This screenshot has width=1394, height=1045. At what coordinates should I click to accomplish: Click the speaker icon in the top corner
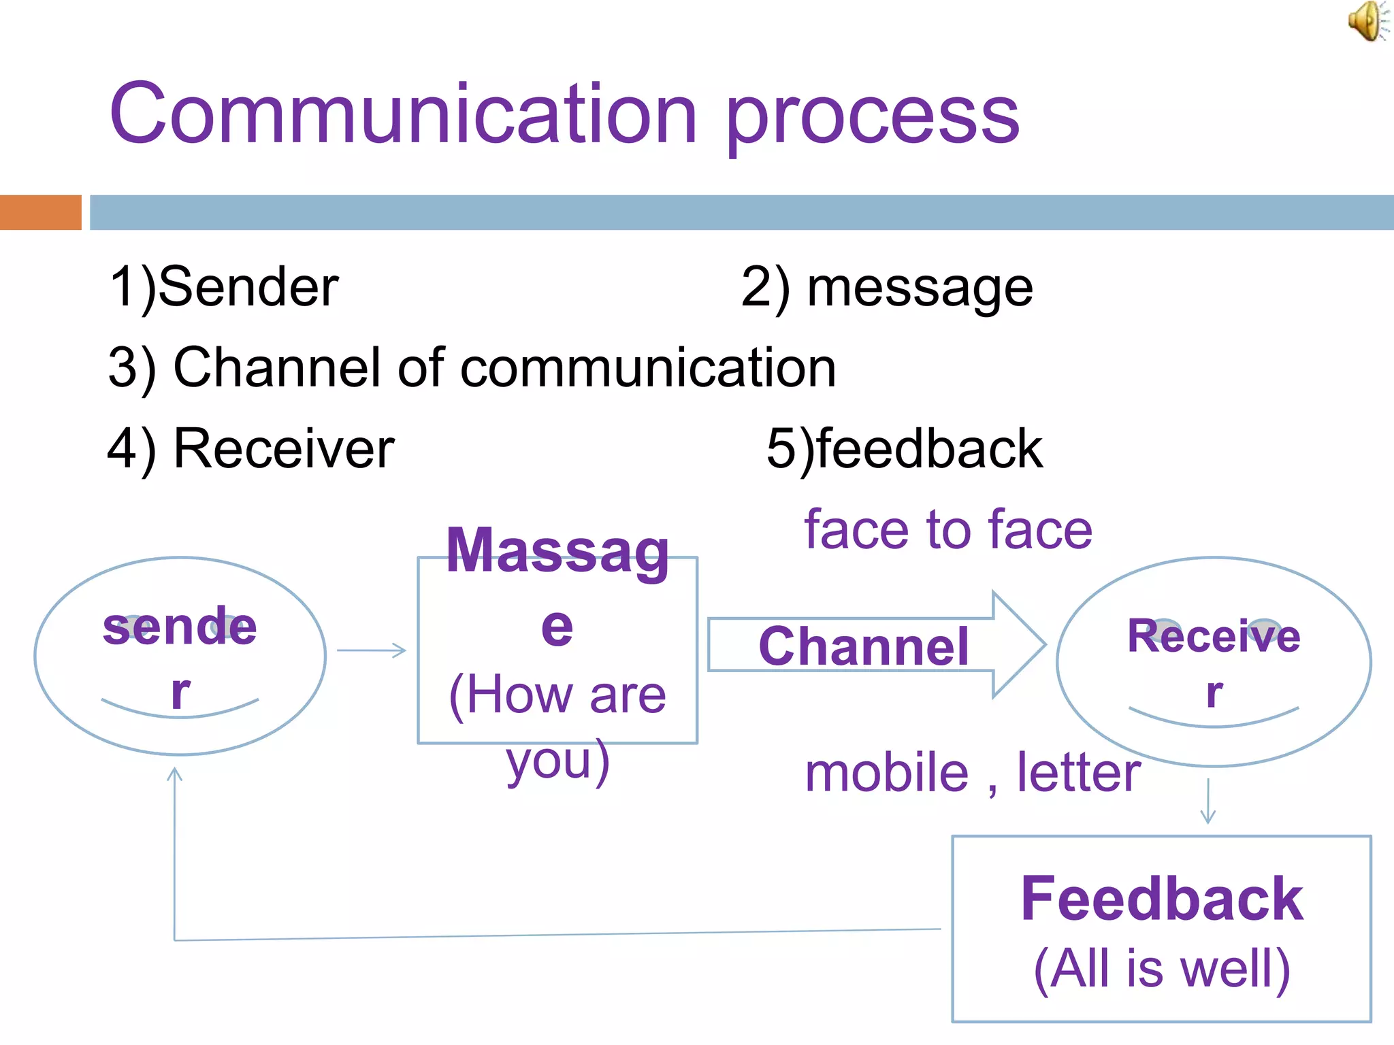(x=1367, y=21)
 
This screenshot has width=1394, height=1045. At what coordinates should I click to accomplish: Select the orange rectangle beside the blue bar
(x=40, y=212)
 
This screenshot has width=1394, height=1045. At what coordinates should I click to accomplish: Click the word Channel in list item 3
(x=276, y=368)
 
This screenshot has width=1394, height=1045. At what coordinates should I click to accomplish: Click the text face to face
(x=947, y=530)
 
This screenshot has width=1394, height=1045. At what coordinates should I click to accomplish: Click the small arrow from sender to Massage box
(x=372, y=650)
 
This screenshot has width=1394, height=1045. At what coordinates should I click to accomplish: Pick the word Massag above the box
(x=557, y=551)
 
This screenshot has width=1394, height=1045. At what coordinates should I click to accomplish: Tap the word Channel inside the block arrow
(x=863, y=646)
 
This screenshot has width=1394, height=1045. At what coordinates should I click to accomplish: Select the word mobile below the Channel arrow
(x=886, y=774)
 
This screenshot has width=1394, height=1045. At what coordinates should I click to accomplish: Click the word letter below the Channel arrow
(x=1078, y=774)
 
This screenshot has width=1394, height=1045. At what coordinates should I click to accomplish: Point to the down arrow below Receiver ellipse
(x=1208, y=803)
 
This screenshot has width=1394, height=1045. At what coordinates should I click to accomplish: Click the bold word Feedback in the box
(x=1161, y=899)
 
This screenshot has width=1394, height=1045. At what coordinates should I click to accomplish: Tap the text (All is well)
(x=1161, y=968)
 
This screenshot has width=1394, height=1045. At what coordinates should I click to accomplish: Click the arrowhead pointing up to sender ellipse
(x=175, y=774)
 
